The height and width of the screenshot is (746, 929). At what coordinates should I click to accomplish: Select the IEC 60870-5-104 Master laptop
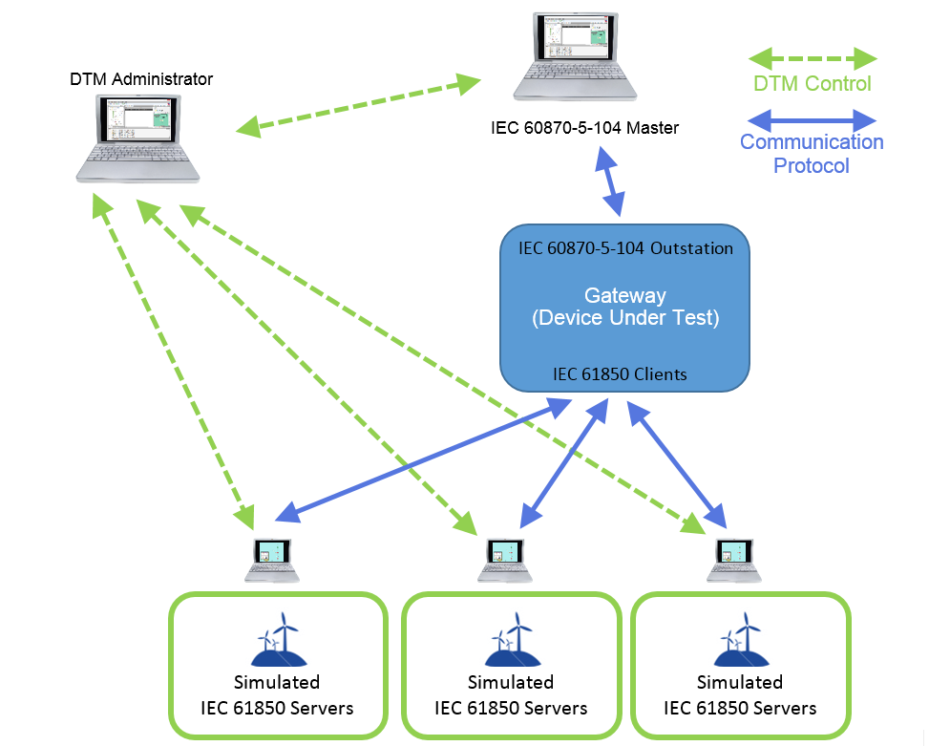574,57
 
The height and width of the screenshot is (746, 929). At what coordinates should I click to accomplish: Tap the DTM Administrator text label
141,78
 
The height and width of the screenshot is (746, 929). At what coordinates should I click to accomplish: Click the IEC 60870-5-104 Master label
585,127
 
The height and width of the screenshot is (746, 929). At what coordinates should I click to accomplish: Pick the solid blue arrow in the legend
812,120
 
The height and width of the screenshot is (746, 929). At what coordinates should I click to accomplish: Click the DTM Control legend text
812,84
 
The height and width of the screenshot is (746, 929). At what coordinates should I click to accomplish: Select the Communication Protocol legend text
812,154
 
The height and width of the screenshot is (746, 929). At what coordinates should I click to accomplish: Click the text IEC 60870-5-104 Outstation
625,248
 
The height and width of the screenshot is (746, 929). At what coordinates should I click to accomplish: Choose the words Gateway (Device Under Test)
625,307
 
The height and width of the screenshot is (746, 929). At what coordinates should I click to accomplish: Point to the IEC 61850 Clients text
619,374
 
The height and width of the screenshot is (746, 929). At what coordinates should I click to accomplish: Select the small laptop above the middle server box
504,561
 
